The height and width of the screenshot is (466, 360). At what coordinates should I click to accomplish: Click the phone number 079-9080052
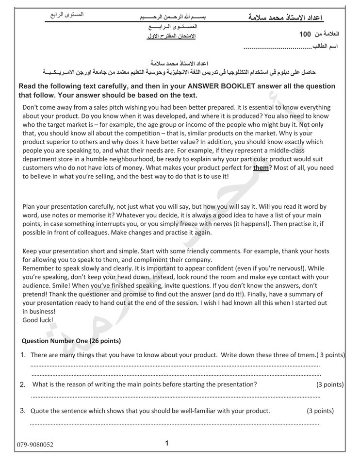click(x=34, y=444)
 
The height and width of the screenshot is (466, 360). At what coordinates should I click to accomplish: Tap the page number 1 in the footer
click(x=167, y=443)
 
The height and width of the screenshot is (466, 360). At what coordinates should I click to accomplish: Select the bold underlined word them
click(x=261, y=167)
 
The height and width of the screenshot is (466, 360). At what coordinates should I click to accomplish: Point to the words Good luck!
click(x=38, y=320)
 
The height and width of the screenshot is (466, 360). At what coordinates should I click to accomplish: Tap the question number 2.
click(x=23, y=384)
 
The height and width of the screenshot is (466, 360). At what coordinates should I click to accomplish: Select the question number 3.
click(x=23, y=411)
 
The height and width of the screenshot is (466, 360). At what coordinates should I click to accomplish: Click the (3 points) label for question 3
click(x=320, y=411)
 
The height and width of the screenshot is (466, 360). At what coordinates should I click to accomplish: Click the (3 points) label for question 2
click(x=330, y=384)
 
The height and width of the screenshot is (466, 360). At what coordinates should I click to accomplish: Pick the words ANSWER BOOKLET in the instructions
click(x=220, y=86)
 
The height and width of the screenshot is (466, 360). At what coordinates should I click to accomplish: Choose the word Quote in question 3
click(x=40, y=411)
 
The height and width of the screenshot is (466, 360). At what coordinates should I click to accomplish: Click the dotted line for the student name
click(x=277, y=48)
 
